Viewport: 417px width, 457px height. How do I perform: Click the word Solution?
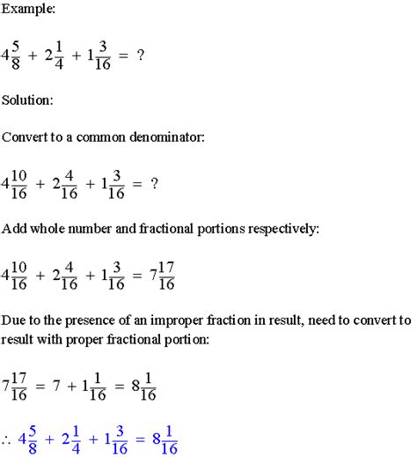coord(28,100)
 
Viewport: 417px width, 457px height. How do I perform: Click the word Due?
coord(15,321)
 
